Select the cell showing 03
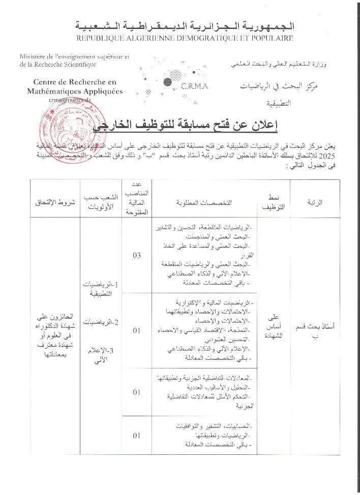tap(136, 255)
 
